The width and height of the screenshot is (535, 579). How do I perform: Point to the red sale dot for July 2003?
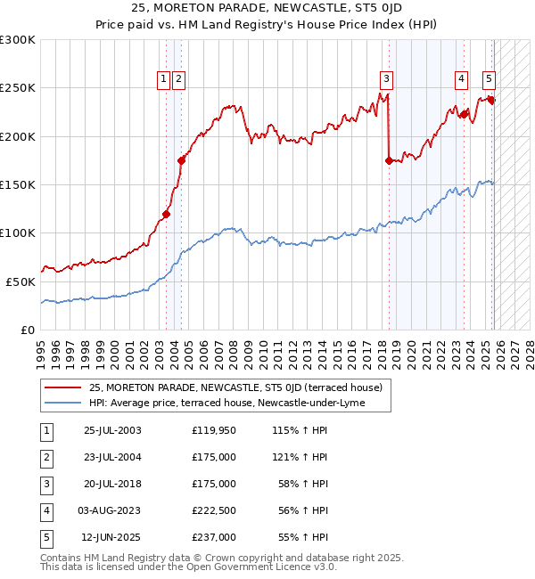[x=166, y=214]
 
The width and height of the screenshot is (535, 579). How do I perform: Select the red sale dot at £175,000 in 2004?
[x=181, y=160]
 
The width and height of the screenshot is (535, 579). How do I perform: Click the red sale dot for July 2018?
[x=389, y=160]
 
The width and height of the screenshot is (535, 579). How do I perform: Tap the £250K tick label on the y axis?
[x=17, y=88]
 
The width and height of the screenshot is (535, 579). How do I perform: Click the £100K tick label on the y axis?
[x=17, y=232]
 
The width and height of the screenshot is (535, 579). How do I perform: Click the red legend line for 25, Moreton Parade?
[x=62, y=387]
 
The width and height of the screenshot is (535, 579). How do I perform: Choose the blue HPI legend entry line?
[x=62, y=404]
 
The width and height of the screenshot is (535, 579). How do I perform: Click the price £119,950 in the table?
[x=214, y=430]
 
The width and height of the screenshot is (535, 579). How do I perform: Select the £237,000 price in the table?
[x=214, y=537]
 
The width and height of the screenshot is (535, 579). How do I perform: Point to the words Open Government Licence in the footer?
[x=267, y=567]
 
